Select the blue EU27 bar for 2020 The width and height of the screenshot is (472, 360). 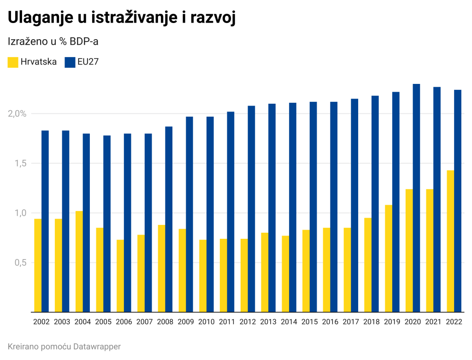pyautogui.click(x=416, y=198)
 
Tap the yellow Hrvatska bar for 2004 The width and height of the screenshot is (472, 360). pyautogui.click(x=79, y=261)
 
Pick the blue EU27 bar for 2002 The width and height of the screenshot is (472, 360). pyautogui.click(x=45, y=221)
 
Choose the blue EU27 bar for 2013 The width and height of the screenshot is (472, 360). pyautogui.click(x=272, y=208)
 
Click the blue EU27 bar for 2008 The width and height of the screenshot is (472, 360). pyautogui.click(x=169, y=219)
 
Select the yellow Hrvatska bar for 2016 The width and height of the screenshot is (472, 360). pyautogui.click(x=326, y=270)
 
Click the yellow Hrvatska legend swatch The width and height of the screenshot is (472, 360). pyautogui.click(x=13, y=62)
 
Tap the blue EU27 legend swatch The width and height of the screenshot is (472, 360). pyautogui.click(x=70, y=62)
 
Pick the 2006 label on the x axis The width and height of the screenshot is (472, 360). pyautogui.click(x=124, y=321)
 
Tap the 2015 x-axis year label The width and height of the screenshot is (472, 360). pyautogui.click(x=309, y=321)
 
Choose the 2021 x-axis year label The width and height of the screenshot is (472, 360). pyautogui.click(x=433, y=321)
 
